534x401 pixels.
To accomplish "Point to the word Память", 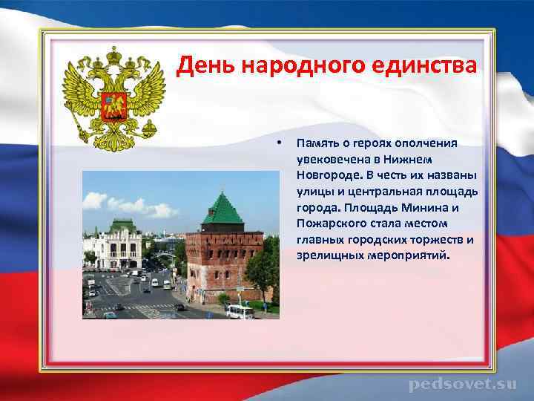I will pos(316,143).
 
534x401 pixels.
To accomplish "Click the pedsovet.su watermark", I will pos(462,384).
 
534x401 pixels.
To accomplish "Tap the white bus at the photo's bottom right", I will pos(240,311).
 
